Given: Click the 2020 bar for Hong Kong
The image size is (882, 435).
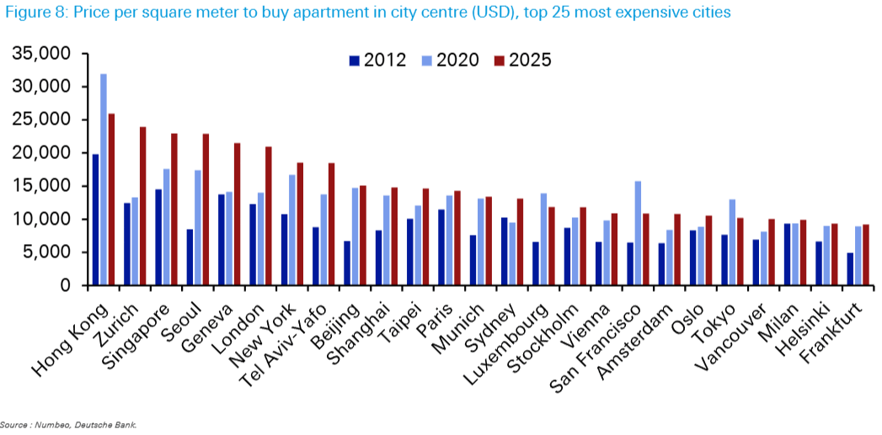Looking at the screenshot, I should [x=104, y=180].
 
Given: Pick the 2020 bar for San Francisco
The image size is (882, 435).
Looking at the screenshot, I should [x=638, y=233].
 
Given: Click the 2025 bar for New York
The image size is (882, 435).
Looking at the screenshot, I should [x=300, y=224].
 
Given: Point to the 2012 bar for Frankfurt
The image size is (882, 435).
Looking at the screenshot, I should [x=851, y=269].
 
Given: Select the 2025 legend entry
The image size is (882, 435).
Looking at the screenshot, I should [x=522, y=60].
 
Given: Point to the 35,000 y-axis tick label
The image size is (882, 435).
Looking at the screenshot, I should [x=41, y=54].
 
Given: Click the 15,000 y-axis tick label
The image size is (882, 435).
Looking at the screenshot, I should [x=41, y=186].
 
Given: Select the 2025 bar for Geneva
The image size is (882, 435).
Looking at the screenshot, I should [x=238, y=215].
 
